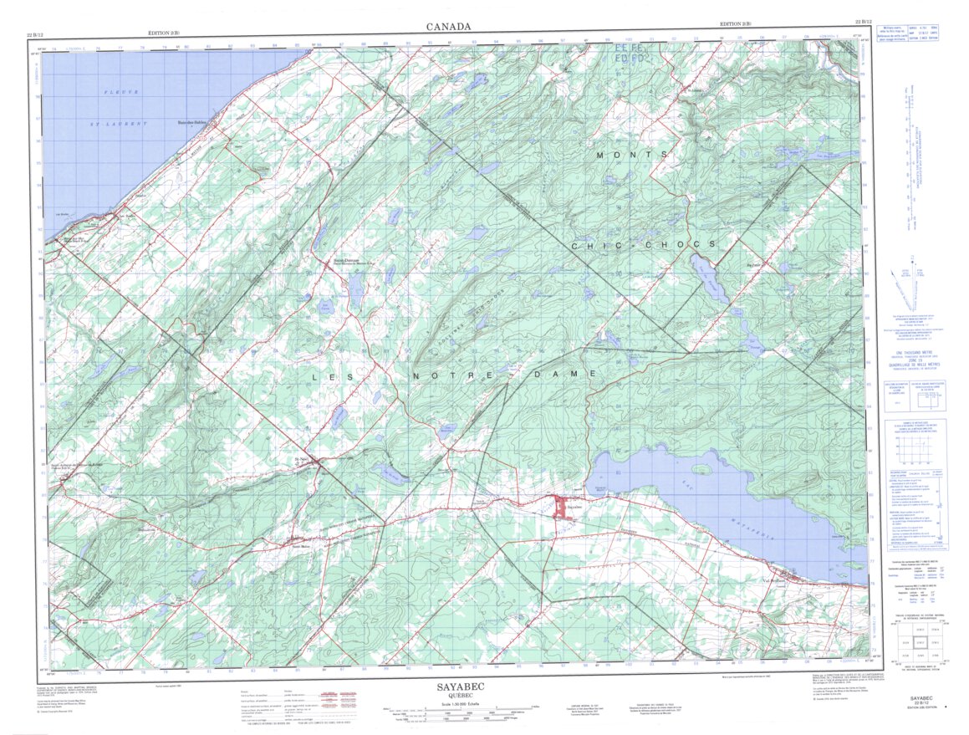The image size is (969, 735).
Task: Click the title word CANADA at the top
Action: tap(448, 27)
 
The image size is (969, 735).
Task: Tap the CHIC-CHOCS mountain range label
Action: tap(643, 244)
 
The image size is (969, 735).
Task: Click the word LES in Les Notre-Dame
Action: tap(330, 377)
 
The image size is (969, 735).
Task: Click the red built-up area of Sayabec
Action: tap(560, 508)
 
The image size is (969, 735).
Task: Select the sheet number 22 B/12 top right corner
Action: tap(864, 22)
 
